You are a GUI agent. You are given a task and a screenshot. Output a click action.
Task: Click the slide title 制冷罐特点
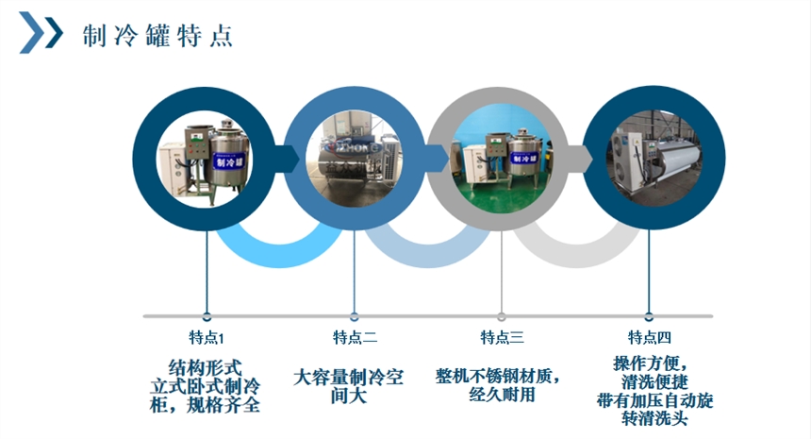pos(157,37)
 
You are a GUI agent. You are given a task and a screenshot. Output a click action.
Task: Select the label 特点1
pos(207,337)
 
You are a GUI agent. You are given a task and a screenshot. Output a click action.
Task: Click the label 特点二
pos(355,337)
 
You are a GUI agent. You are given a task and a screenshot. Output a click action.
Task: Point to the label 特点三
pos(502,337)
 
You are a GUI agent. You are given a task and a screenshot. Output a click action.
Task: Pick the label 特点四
pos(650,337)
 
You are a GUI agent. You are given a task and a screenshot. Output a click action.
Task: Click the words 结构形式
pos(206,365)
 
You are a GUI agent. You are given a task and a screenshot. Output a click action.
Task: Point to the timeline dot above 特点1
pos(207,316)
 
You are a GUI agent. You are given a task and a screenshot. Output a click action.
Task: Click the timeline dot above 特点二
pos(355,316)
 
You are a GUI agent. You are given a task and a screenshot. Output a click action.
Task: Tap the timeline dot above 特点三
pos(502,316)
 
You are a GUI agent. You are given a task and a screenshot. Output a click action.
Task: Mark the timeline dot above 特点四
pos(650,316)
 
